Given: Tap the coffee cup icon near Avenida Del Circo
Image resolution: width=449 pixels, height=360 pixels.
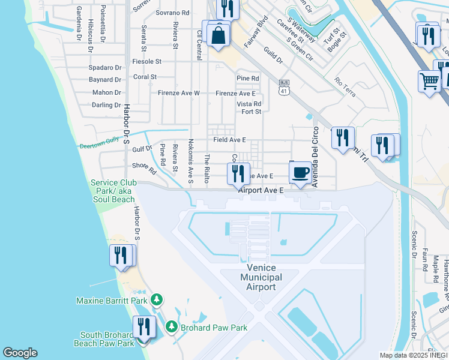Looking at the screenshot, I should tap(301, 173).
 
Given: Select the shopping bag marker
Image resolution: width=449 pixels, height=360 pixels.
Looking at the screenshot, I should tap(219, 34).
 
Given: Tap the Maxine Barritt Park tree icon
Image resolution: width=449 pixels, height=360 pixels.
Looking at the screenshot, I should tap(157, 299).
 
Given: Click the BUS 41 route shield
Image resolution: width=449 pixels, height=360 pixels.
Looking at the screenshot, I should tap(284, 87).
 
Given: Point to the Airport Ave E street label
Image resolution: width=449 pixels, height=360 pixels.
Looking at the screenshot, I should tap(261, 190).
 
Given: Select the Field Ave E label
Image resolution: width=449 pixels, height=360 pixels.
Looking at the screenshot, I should tap(229, 140).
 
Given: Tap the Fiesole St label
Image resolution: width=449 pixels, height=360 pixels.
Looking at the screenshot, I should tap(147, 61).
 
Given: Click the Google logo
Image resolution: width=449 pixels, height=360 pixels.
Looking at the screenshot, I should tap(20, 353).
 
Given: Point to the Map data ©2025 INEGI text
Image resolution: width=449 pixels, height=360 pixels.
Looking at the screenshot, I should tap(413, 355).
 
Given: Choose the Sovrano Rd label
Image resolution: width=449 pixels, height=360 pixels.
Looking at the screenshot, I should tap(172, 12).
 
